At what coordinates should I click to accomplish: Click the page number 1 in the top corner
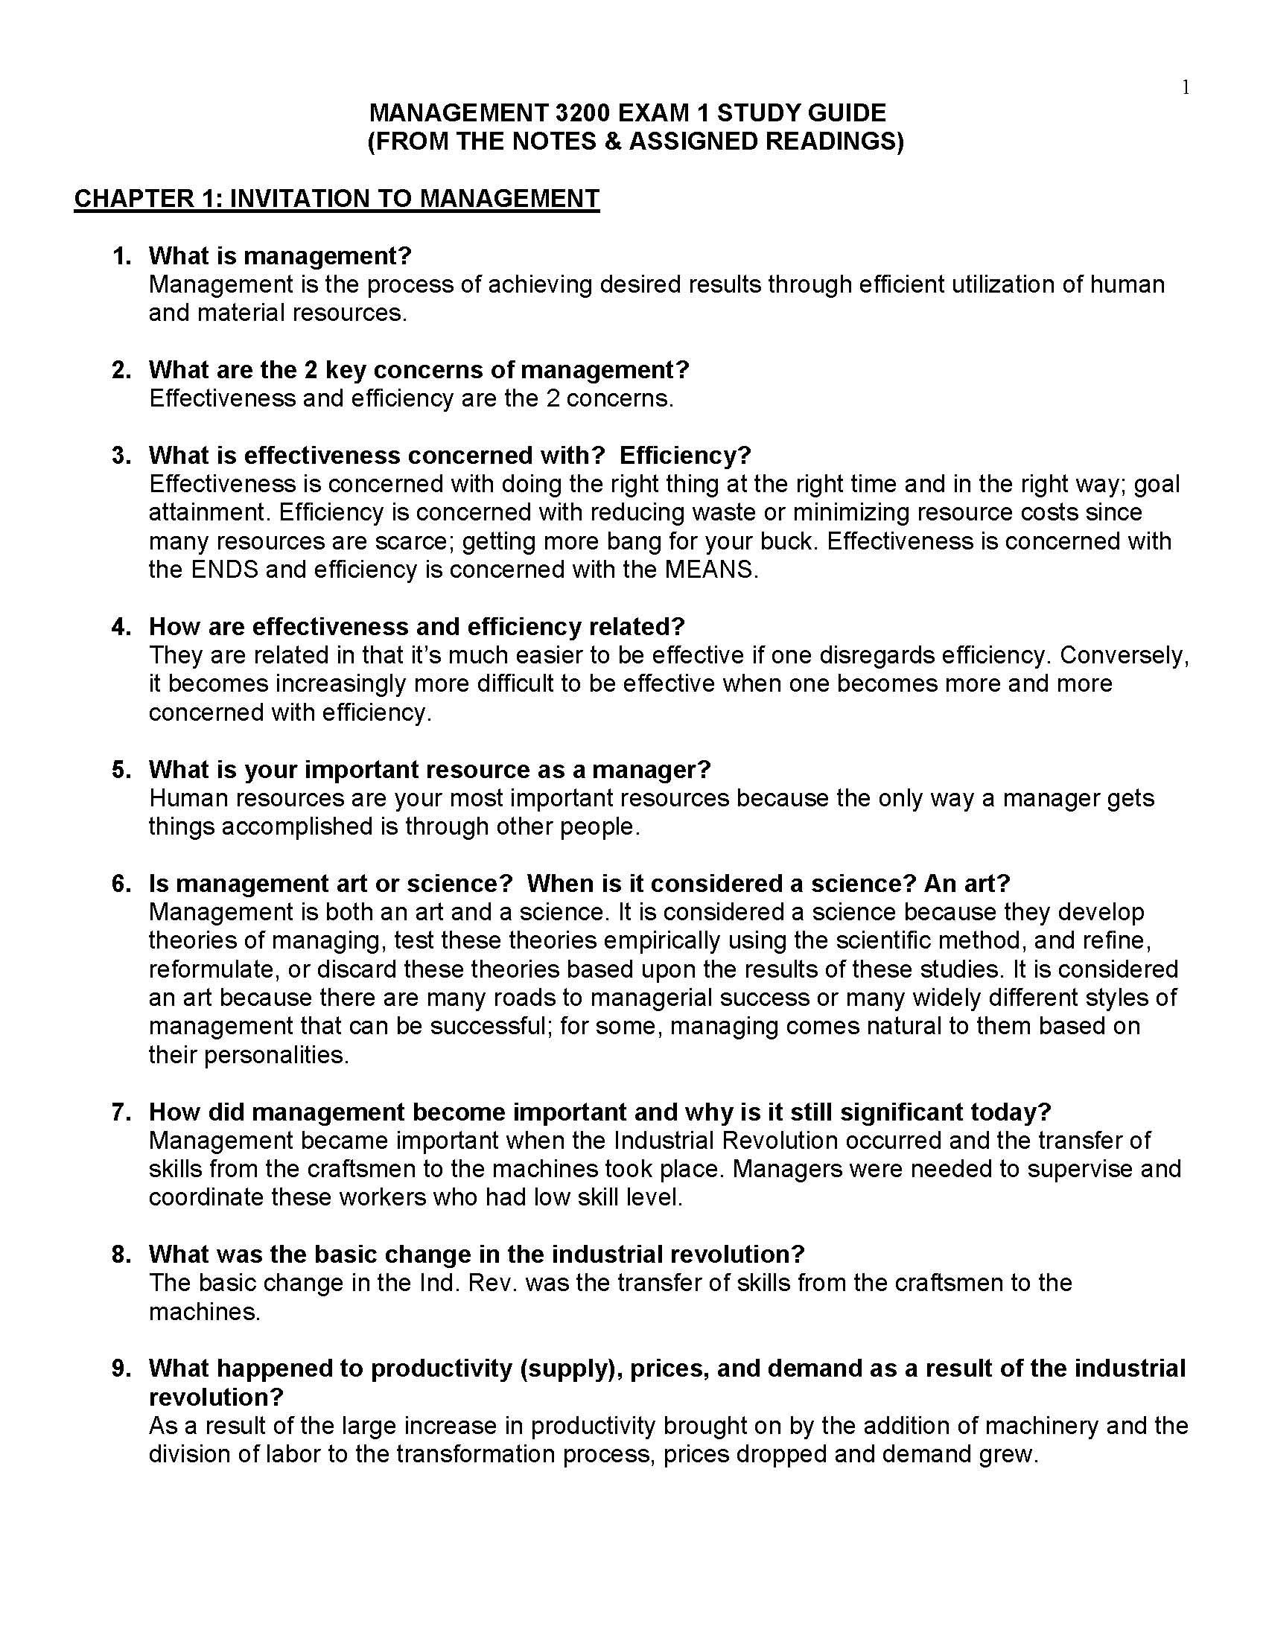(x=1185, y=89)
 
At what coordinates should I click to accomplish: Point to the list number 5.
(x=121, y=770)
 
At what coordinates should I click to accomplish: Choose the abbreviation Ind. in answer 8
(x=439, y=1283)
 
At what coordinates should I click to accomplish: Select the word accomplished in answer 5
(x=303, y=826)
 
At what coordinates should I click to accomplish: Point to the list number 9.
(x=121, y=1368)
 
